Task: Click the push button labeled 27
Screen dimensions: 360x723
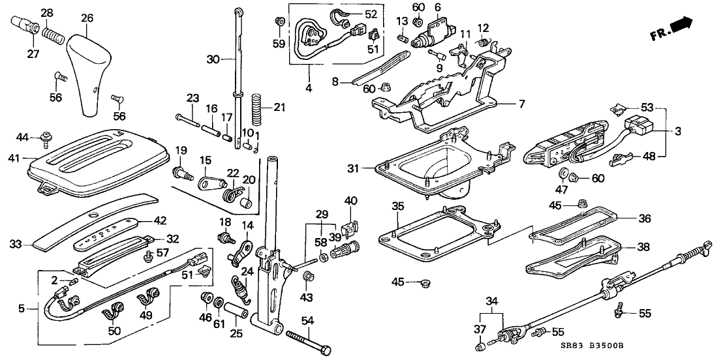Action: tap(25, 31)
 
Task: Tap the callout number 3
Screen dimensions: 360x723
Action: tap(678, 132)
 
